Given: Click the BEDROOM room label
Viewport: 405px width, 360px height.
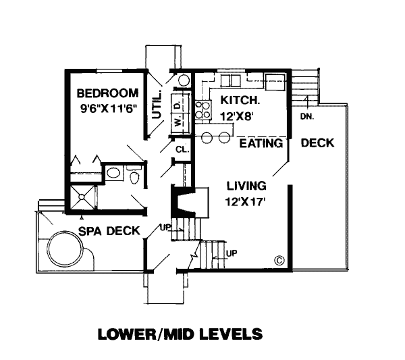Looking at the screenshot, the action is coord(107,93).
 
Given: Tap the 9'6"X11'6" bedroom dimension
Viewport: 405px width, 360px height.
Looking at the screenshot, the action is coord(108,109).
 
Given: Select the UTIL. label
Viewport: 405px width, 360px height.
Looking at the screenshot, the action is coord(157,105).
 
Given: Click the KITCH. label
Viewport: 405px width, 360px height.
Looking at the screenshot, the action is coord(240,100).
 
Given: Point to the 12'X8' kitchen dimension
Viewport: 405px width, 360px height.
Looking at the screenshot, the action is coord(236,116).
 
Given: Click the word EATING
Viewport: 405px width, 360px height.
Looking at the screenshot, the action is coord(261,143).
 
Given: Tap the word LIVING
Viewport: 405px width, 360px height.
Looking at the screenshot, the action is coord(246,186).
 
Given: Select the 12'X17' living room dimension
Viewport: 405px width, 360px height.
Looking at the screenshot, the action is coord(246,201).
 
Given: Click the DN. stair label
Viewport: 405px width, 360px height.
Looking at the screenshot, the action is coord(307,117).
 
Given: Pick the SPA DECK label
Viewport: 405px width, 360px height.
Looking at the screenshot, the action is coord(109,231).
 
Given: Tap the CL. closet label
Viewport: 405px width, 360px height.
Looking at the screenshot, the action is coord(182,150).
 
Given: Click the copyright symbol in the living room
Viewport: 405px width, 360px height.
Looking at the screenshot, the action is coord(279,260).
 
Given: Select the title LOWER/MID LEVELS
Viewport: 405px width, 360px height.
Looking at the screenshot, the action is coord(180,334).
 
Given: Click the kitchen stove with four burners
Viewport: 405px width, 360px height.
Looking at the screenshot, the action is coord(203,110).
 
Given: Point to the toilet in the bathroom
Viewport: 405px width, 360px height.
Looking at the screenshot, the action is coord(134,175).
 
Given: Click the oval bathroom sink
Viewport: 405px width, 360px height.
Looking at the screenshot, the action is coord(113,173).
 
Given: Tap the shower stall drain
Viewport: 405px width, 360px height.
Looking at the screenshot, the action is coord(82,197).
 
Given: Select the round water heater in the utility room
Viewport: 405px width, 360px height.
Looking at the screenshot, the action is coord(184,80).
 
